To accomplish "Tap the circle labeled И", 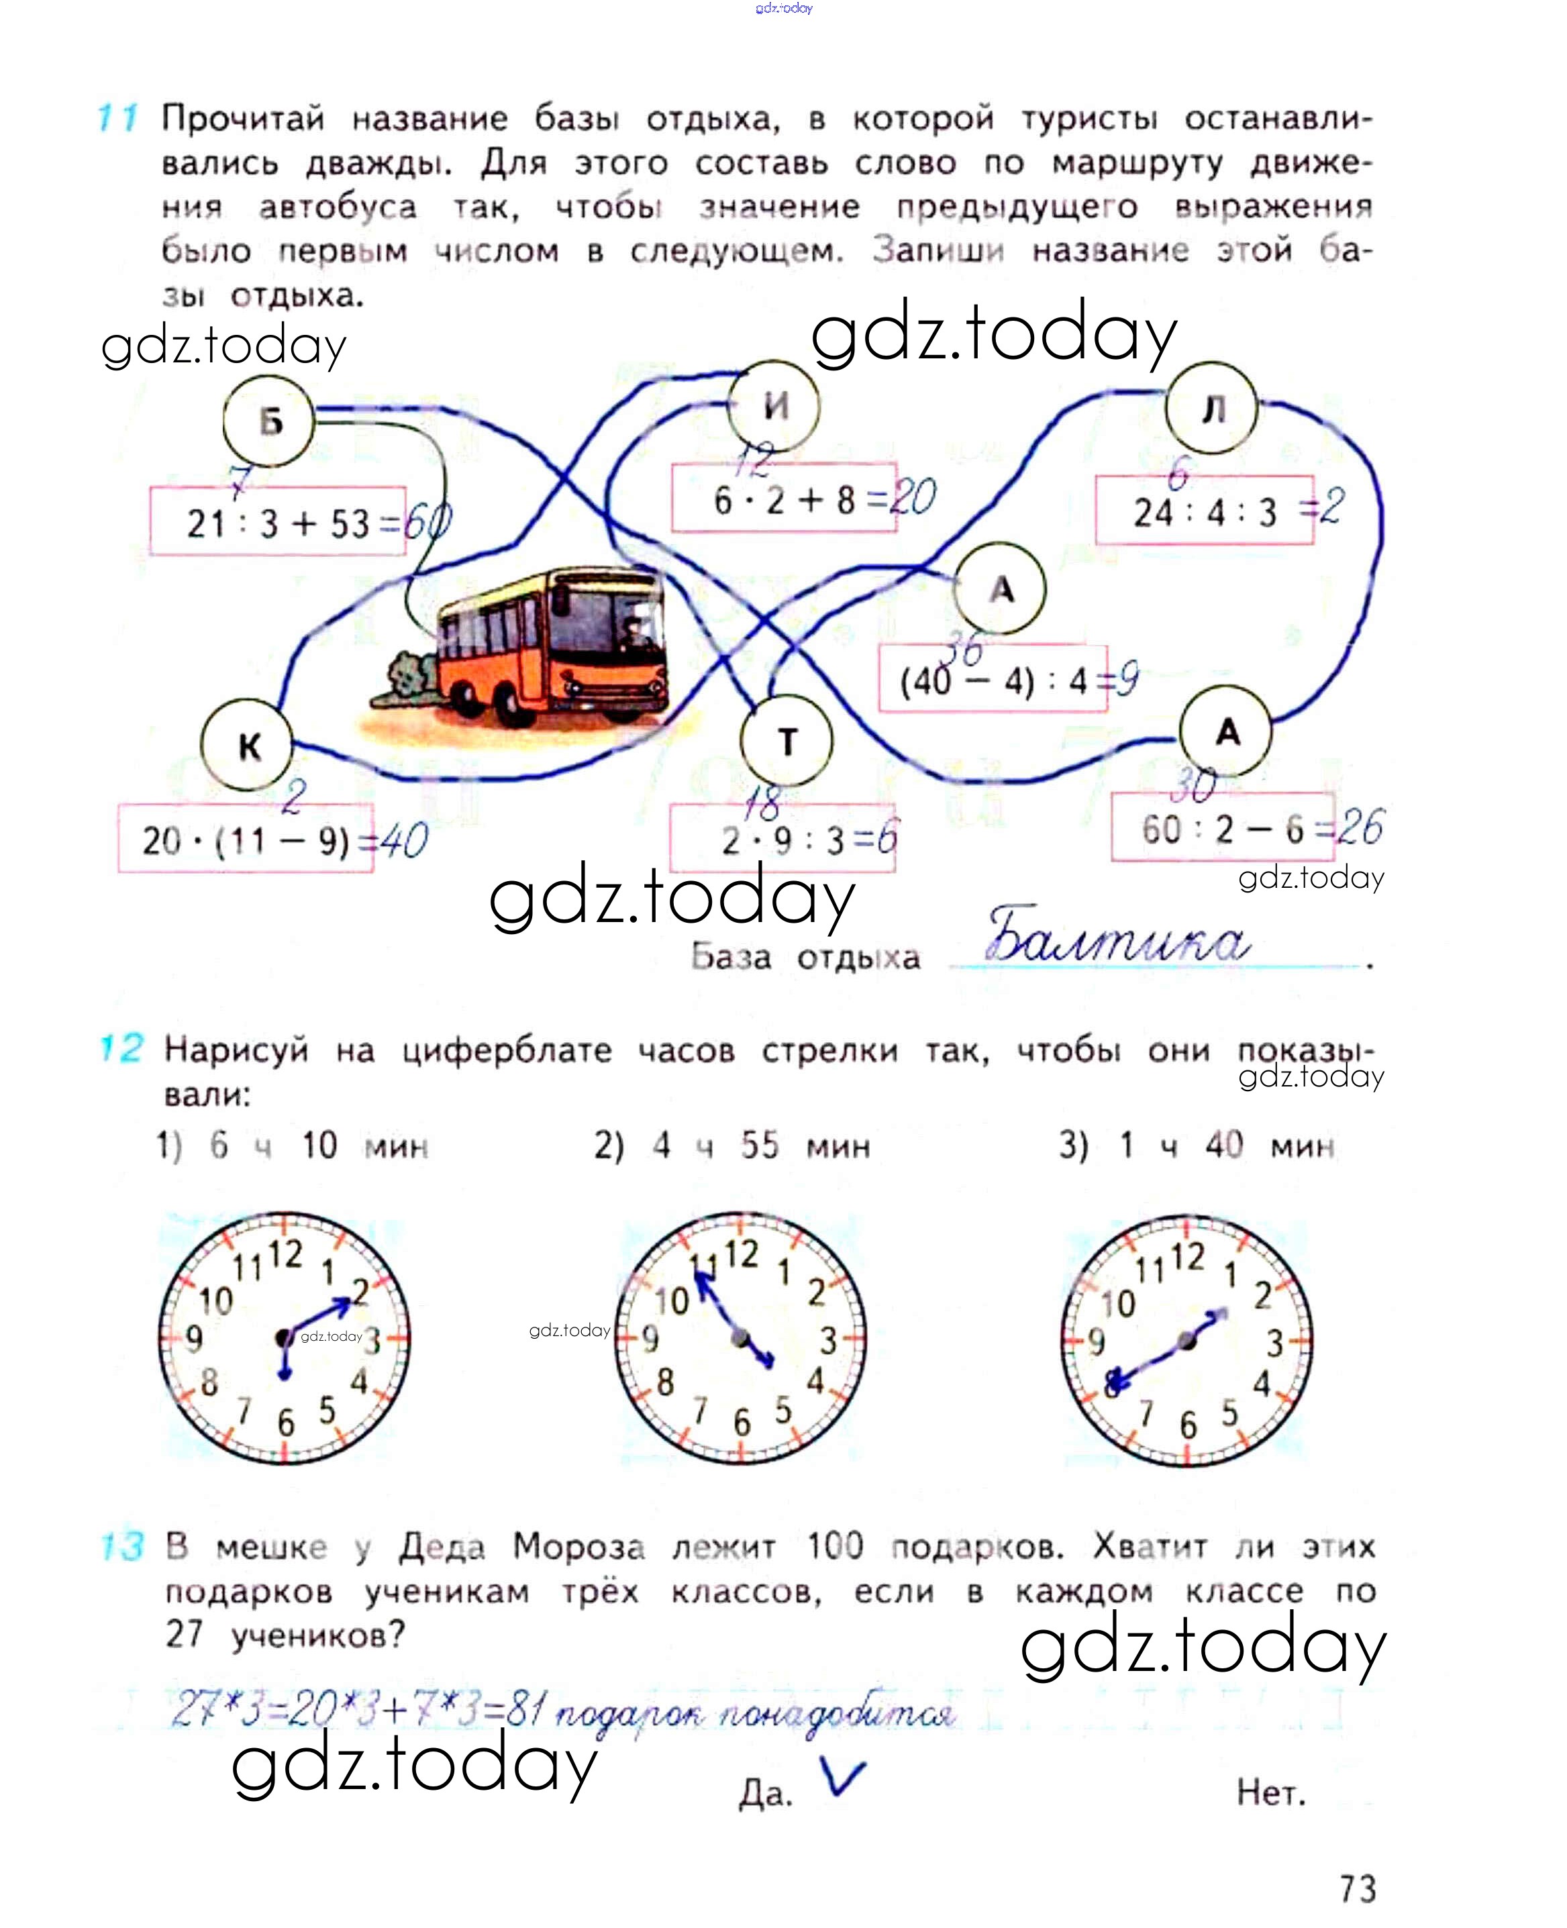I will pos(774,405).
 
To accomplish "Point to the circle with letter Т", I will pos(787,741).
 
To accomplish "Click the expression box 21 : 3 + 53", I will pos(277,521).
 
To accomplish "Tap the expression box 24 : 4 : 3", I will pos(1204,511).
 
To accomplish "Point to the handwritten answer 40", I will pos(402,842).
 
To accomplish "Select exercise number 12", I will pos(120,1048).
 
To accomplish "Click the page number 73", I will pos(1357,1888).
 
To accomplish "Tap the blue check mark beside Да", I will pos(843,1778).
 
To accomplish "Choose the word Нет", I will pos(1271,1792).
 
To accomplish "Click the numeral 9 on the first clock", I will pos(194,1339).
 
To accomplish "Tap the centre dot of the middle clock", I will pos(740,1337).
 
